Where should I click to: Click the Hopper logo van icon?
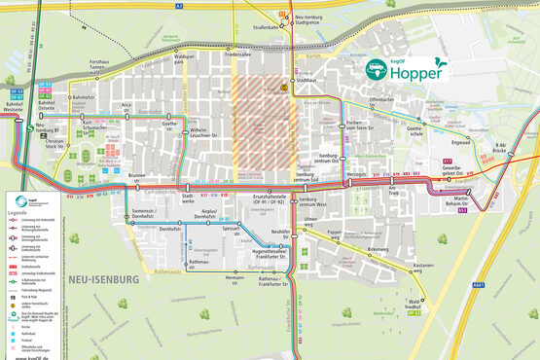point(376,70)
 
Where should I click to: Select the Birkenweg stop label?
point(350,249)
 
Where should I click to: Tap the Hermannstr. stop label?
point(234,278)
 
